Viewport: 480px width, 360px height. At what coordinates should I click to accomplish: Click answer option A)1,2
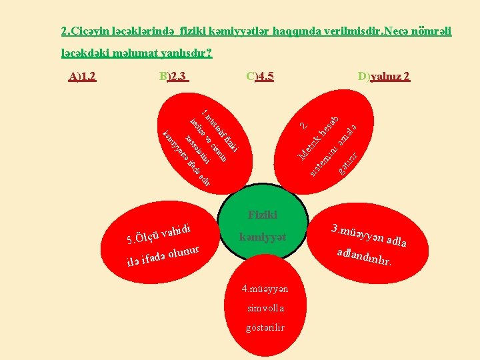[83, 76]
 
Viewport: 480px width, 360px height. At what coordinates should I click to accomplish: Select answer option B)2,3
[174, 76]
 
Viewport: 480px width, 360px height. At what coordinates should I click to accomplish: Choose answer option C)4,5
[260, 76]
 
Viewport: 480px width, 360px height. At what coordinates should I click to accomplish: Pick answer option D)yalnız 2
[383, 76]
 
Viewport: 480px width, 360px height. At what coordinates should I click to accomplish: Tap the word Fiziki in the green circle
[263, 215]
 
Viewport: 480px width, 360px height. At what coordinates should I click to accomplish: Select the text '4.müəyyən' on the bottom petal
[265, 289]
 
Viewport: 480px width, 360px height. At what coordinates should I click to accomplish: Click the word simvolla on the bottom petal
[265, 308]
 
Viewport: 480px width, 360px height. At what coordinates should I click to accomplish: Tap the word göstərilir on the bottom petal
[265, 327]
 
